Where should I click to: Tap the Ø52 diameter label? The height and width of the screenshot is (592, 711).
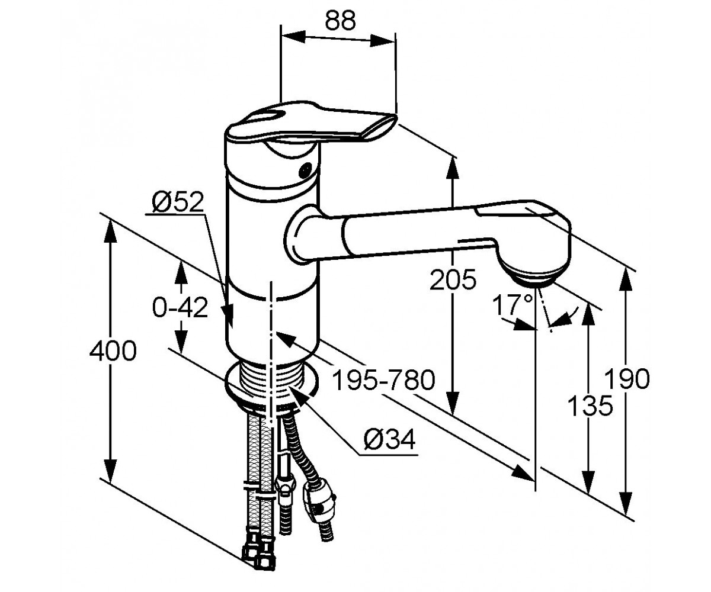pyautogui.click(x=178, y=202)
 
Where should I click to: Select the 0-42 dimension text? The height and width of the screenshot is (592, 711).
pyautogui.click(x=180, y=307)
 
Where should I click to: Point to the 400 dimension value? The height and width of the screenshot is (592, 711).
pyautogui.click(x=113, y=351)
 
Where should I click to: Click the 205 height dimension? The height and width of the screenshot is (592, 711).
pyautogui.click(x=453, y=279)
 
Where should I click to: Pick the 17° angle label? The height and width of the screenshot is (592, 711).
pyautogui.click(x=512, y=305)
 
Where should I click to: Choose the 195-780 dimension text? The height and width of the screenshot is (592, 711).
pyautogui.click(x=383, y=380)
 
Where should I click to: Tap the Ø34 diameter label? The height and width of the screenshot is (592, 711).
pyautogui.click(x=389, y=440)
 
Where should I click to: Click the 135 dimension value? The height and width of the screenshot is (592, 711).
pyautogui.click(x=590, y=406)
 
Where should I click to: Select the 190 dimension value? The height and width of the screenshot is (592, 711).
pyautogui.click(x=627, y=379)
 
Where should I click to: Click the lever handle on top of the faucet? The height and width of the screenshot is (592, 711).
pyautogui.click(x=310, y=124)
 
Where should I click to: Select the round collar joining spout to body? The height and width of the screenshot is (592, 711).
pyautogui.click(x=302, y=235)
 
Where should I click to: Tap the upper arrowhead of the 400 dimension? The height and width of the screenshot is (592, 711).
pyautogui.click(x=110, y=231)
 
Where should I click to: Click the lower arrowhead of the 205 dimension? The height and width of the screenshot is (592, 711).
pyautogui.click(x=453, y=403)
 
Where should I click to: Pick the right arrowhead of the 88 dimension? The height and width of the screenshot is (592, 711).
pyautogui.click(x=382, y=41)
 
